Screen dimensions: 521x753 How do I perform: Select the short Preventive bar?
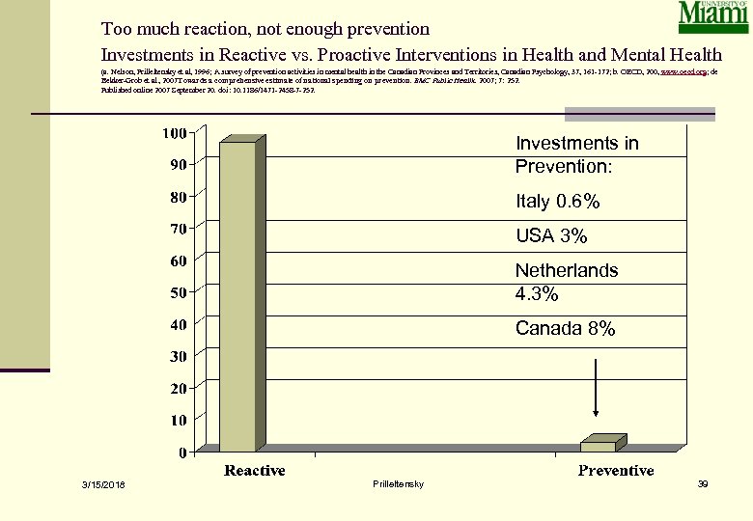pyautogui.click(x=598, y=446)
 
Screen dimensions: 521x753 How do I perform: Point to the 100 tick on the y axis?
pyautogui.click(x=174, y=133)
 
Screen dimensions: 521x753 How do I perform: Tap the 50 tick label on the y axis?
pyautogui.click(x=178, y=292)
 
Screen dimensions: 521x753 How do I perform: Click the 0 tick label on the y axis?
pyautogui.click(x=181, y=452)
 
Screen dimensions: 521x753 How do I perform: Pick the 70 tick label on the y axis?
pyautogui.click(x=178, y=229)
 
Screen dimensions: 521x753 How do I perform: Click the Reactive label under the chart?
pyautogui.click(x=255, y=471)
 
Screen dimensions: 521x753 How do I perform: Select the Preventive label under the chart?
pyautogui.click(x=616, y=471)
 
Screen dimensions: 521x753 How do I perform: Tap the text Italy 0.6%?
pyautogui.click(x=558, y=203)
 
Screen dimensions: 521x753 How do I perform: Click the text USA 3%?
pyautogui.click(x=551, y=236)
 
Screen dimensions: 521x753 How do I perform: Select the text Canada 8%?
pyautogui.click(x=565, y=329)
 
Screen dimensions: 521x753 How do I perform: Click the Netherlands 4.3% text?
pyautogui.click(x=566, y=282)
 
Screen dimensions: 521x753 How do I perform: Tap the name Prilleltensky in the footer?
pyautogui.click(x=397, y=482)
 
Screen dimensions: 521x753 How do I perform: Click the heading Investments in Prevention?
pyautogui.click(x=576, y=154)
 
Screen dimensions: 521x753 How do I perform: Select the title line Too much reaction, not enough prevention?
pyautogui.click(x=265, y=30)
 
